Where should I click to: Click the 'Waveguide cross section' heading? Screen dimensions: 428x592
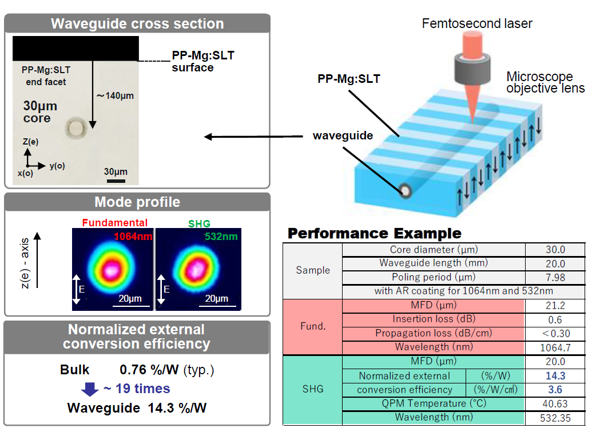click(137, 24)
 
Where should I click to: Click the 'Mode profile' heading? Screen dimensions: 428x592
click(137, 202)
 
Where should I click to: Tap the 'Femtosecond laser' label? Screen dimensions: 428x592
click(477, 23)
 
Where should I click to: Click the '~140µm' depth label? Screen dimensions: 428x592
click(115, 96)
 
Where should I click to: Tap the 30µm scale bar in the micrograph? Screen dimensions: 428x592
click(116, 181)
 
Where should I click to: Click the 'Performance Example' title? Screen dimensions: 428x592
click(374, 233)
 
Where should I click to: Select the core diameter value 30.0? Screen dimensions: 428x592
click(555, 250)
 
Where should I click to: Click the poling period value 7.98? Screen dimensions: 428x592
click(555, 277)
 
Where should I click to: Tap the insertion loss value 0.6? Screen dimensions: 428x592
click(555, 320)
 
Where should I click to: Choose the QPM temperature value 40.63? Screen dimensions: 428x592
click(555, 403)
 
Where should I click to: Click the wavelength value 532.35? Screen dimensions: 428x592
click(555, 418)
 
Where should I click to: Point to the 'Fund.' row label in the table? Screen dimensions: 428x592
click(313, 326)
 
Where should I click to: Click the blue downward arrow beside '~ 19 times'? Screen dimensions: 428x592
click(90, 389)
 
